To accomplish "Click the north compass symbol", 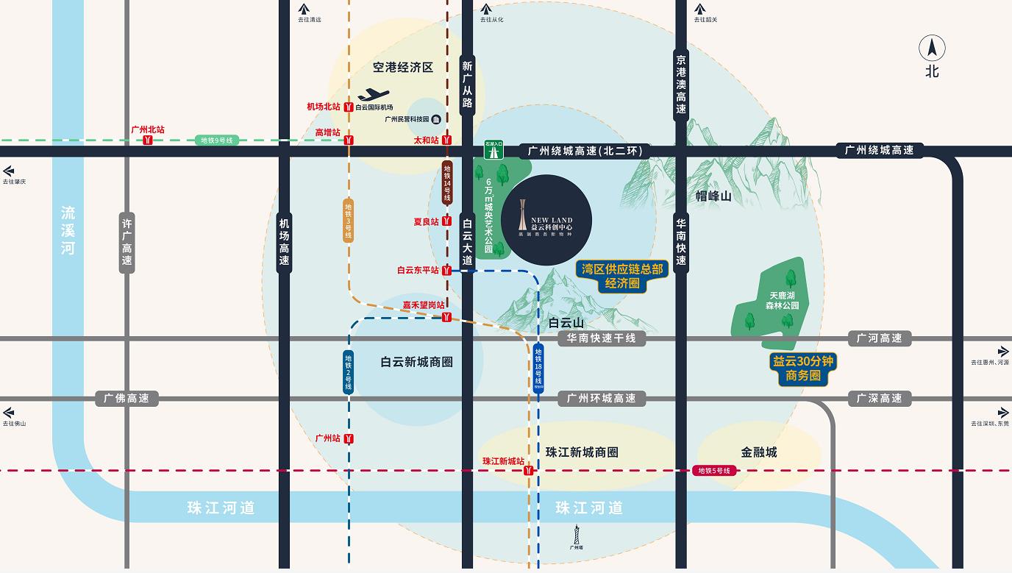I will [x=932, y=49].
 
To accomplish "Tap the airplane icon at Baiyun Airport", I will [x=373, y=95].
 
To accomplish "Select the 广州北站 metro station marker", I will [x=148, y=140].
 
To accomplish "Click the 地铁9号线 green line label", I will [x=217, y=140].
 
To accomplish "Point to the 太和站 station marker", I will [x=446, y=140].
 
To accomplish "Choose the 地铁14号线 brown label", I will [x=446, y=182].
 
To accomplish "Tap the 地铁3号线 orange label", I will [x=349, y=221].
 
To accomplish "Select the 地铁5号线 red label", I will [x=713, y=471].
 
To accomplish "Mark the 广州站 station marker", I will [x=349, y=438].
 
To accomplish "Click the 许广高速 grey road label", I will [x=127, y=243].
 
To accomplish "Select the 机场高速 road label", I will [x=285, y=243].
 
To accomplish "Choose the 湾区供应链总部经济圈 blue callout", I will [x=622, y=276].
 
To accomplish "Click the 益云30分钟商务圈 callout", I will [x=802, y=369].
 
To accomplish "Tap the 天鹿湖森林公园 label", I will [x=777, y=300].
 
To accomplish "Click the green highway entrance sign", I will [x=493, y=149].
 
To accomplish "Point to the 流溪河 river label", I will [x=68, y=230].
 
